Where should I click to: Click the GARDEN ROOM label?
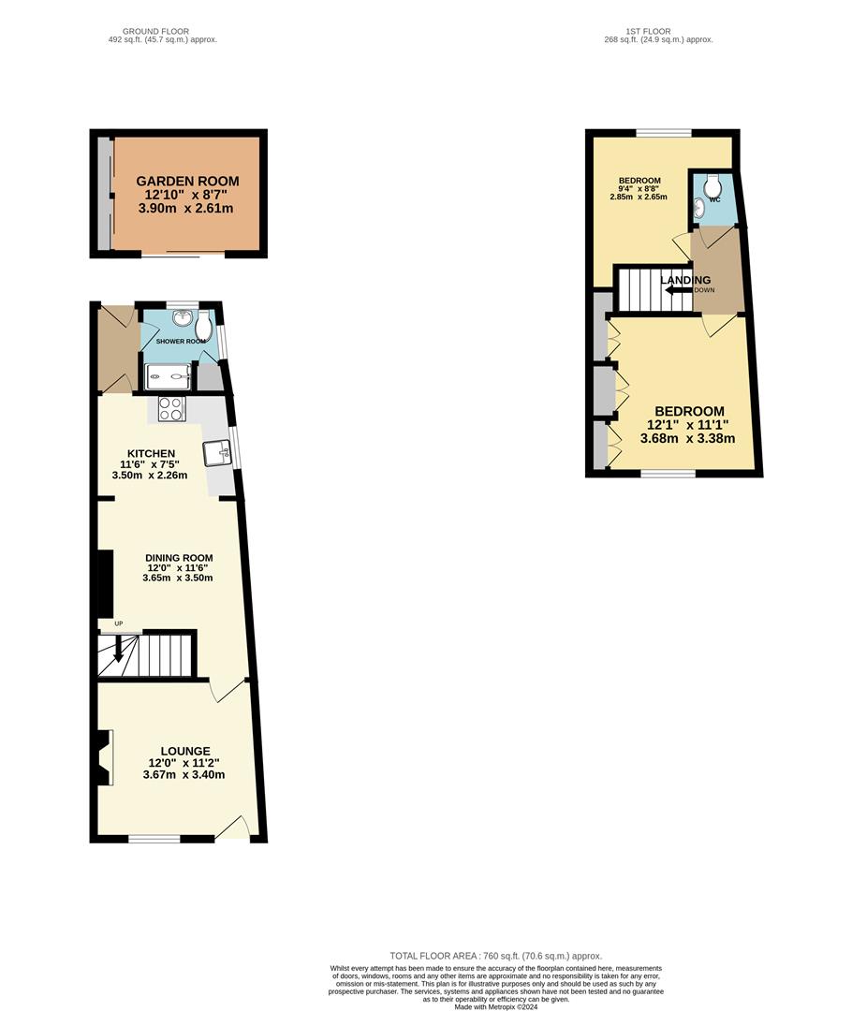point(187,182)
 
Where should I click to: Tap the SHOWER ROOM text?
point(181,342)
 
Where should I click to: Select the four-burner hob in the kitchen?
point(171,408)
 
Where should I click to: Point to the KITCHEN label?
point(151,454)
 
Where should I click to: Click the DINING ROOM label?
point(179,558)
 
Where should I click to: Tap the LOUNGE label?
point(184,751)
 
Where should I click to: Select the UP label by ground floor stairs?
point(119,623)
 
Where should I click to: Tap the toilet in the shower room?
point(205,325)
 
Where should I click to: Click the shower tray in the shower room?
point(168,377)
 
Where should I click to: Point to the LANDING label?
point(685,280)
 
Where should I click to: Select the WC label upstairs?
point(714,199)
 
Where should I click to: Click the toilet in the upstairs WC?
point(714,183)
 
